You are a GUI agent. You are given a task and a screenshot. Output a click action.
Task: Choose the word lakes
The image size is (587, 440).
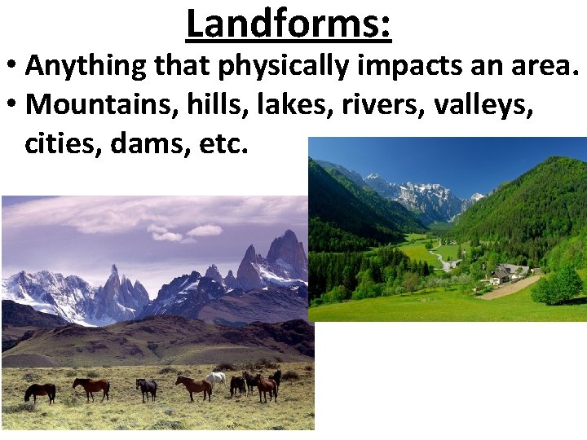pyautogui.click(x=267, y=106)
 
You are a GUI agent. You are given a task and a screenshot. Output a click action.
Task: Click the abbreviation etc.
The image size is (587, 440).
pyautogui.click(x=223, y=146)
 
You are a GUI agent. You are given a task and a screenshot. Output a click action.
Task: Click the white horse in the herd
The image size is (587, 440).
pyautogui.click(x=215, y=378)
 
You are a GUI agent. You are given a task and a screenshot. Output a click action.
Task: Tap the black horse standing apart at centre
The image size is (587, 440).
pyautogui.click(x=147, y=388)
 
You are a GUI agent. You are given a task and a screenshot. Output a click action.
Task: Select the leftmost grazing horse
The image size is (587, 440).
pyautogui.click(x=40, y=392)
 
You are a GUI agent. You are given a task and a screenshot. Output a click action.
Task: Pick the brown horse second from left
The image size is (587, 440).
pyautogui.click(x=91, y=387)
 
